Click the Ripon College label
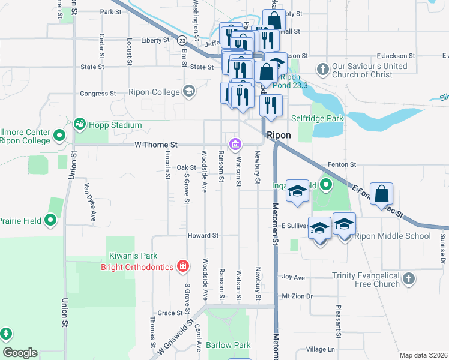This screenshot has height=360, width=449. (x=154, y=92)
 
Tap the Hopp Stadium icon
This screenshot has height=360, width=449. (x=79, y=124)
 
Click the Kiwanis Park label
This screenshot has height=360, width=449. (x=132, y=256)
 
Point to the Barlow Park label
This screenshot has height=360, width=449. (x=228, y=345)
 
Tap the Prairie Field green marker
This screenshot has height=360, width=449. (x=52, y=220)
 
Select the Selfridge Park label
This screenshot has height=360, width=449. (x=317, y=118)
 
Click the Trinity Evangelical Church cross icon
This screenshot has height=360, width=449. (x=408, y=279)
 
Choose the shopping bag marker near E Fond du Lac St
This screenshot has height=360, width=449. (x=381, y=194)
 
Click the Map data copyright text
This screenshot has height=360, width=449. (x=423, y=355)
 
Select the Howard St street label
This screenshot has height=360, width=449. (x=202, y=236)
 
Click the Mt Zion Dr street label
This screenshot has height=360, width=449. (x=297, y=296)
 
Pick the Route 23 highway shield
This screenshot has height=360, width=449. (x=180, y=40)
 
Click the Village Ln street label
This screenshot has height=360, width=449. (x=320, y=349)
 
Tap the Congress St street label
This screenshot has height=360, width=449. (x=98, y=94)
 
